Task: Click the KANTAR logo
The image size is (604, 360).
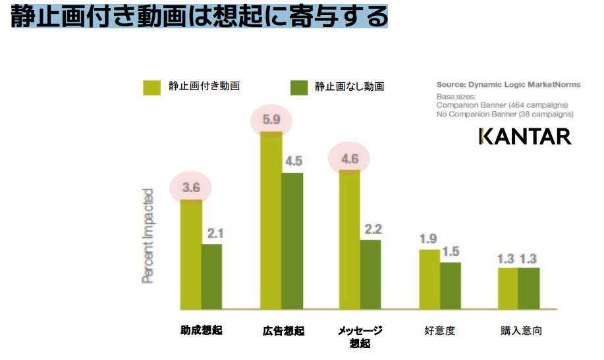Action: coord(524,136)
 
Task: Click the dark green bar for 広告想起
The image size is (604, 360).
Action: coord(292,241)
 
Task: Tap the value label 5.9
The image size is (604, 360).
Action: coord(272,120)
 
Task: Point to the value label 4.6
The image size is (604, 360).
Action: coord(350,159)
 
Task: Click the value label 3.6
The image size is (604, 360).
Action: coord(191,188)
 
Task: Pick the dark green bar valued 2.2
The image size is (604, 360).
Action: coord(370,274)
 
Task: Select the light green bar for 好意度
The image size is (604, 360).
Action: coord(429,279)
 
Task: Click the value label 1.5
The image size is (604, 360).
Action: coord(451,251)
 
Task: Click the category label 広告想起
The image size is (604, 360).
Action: coord(283,330)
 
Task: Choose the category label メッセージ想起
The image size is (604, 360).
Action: coord(360,336)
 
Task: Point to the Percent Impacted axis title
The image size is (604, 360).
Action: coord(148,236)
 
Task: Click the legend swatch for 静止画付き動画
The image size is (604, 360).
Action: coord(151,87)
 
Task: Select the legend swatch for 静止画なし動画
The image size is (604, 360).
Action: coord(299,87)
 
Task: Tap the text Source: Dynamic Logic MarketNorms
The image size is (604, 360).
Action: coord(508,85)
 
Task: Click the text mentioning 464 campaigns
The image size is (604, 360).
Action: coord(502,105)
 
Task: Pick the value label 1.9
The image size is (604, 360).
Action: coord(429,238)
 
